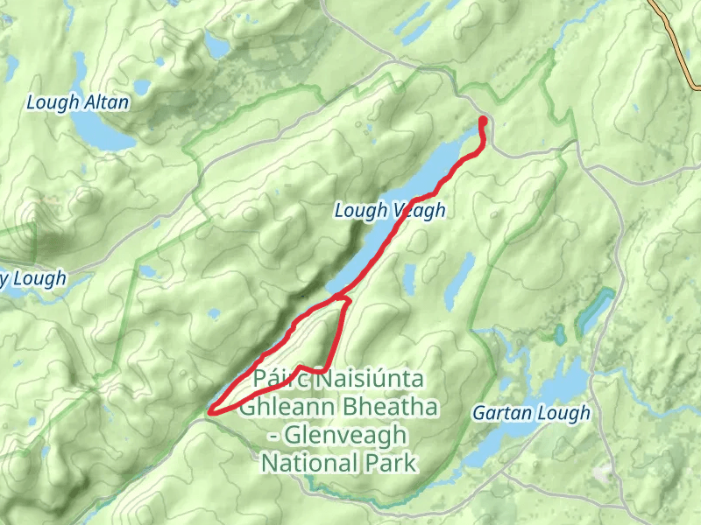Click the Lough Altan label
[77, 102]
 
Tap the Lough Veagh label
[390, 211]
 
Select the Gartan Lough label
[531, 412]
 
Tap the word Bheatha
[382, 408]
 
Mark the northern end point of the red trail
[483, 120]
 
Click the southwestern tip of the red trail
[210, 409]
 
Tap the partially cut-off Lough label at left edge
[32, 279]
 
